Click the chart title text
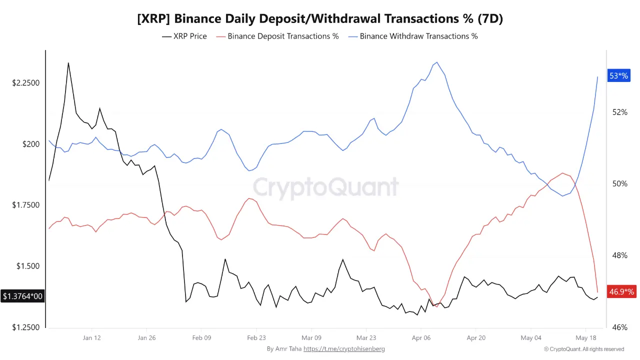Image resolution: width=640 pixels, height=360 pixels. click(320, 19)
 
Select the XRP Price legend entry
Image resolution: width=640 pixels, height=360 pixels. click(184, 36)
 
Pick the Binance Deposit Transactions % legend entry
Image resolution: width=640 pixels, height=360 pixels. click(277, 36)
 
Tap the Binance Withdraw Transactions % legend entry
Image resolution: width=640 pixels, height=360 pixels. click(413, 36)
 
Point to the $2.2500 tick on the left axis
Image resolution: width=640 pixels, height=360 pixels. click(25, 83)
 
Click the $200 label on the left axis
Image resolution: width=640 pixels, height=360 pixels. click(31, 144)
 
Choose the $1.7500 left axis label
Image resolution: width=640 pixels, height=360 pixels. click(25, 205)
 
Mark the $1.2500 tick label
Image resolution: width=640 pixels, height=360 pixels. click(25, 327)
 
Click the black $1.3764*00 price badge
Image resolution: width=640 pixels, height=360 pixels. click(22, 296)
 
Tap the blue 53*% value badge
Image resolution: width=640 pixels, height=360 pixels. click(619, 75)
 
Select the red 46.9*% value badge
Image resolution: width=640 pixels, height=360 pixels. click(621, 291)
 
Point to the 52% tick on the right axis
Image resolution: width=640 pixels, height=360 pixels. click(619, 112)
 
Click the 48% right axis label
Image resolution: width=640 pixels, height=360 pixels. click(619, 255)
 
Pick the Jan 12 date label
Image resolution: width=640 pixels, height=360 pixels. click(91, 337)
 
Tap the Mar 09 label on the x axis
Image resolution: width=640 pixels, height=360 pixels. click(311, 337)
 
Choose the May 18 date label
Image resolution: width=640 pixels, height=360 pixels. click(586, 337)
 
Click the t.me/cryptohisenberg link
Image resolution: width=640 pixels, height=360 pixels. click(344, 349)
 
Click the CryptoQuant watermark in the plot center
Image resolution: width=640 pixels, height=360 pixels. click(325, 187)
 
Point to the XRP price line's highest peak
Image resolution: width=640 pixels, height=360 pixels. click(68, 63)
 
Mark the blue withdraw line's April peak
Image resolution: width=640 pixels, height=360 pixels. click(437, 62)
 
